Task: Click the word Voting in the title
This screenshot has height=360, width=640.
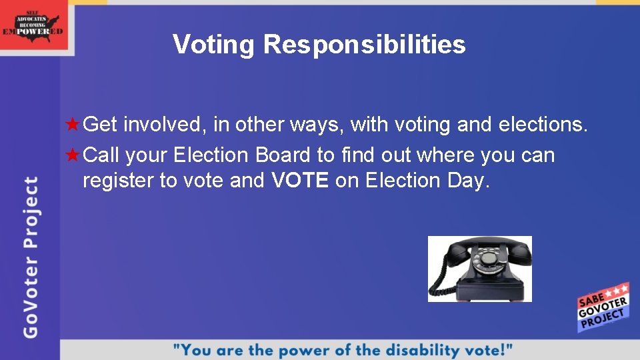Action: (x=213, y=45)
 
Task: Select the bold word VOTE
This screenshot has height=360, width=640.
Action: (x=300, y=181)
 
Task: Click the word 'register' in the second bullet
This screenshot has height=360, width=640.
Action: (x=118, y=181)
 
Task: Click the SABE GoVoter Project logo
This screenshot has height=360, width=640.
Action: (x=603, y=307)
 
